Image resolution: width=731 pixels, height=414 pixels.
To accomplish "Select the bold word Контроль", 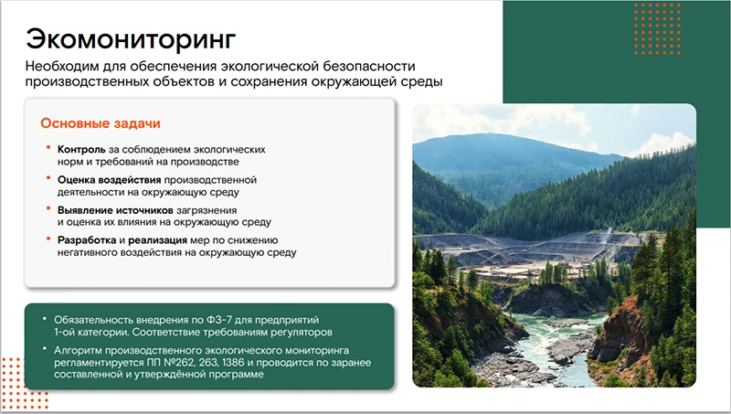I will pyautogui.click(x=80, y=149).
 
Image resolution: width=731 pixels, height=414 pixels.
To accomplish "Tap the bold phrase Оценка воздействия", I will pyautogui.click(x=109, y=180).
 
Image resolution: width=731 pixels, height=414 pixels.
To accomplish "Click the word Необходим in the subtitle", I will pyautogui.click(x=62, y=67).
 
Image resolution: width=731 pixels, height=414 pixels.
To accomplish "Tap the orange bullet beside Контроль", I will pyautogui.click(x=48, y=149).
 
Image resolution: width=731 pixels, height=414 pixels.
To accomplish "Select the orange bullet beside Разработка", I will pyautogui.click(x=48, y=240).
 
